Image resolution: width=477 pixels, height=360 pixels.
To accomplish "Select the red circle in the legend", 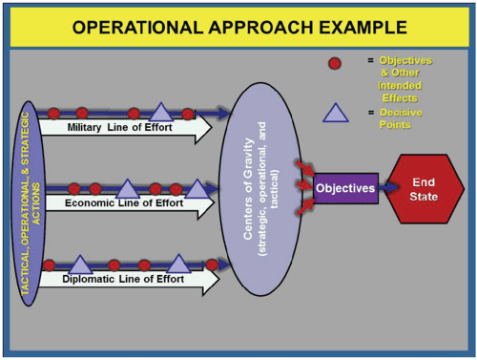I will (x=335, y=64).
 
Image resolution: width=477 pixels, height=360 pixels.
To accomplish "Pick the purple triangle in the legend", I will (x=335, y=115).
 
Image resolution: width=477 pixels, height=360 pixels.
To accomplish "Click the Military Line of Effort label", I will (x=118, y=128).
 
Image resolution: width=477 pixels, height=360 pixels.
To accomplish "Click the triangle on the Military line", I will (x=161, y=112).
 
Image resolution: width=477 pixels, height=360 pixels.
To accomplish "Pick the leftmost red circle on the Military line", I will (x=53, y=113).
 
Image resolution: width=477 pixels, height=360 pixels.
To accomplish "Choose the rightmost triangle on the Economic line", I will (x=196, y=187).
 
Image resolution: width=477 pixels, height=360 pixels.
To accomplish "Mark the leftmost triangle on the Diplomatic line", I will (x=80, y=264).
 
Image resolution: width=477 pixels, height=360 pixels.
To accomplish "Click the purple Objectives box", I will (x=345, y=188).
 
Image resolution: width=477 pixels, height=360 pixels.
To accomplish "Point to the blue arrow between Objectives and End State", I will (x=385, y=188).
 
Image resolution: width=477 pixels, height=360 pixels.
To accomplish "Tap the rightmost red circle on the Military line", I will (x=188, y=113).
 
